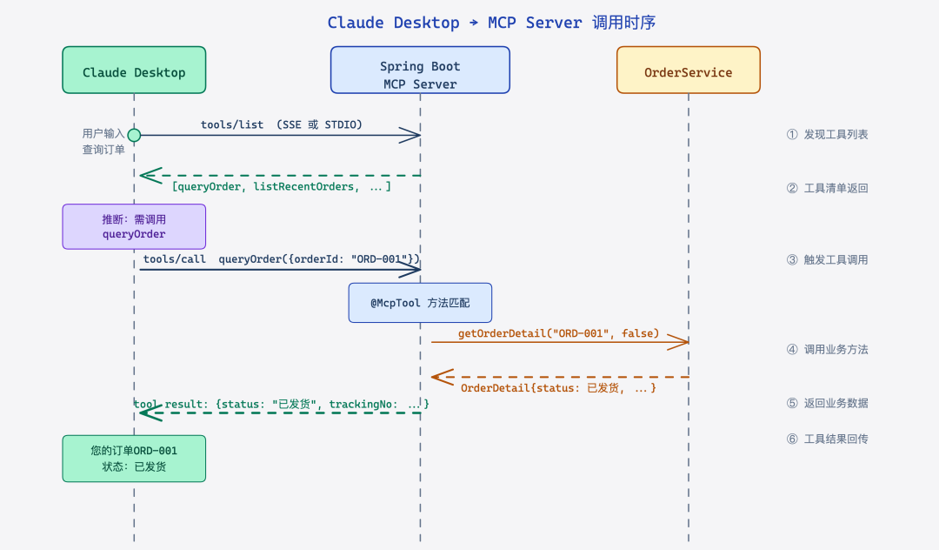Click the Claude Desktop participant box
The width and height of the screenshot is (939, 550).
pyautogui.click(x=134, y=70)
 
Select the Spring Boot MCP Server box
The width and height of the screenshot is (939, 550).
pyautogui.click(x=420, y=70)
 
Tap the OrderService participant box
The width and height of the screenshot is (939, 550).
pyautogui.click(x=688, y=70)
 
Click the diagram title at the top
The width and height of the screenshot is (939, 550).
pyautogui.click(x=491, y=23)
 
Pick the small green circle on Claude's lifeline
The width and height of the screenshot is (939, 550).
pyautogui.click(x=134, y=135)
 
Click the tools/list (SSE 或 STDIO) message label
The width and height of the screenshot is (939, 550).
pyautogui.click(x=282, y=124)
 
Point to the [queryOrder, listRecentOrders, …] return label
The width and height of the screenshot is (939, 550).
pyautogui.click(x=282, y=187)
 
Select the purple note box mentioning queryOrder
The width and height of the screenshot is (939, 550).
pyautogui.click(x=134, y=226)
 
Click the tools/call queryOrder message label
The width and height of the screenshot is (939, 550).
pyautogui.click(x=282, y=259)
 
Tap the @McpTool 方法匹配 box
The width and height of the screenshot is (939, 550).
pyautogui.click(x=420, y=303)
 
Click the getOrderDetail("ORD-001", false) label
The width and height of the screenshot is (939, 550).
pyautogui.click(x=559, y=333)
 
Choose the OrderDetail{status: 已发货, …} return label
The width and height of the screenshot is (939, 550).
pyautogui.click(x=558, y=387)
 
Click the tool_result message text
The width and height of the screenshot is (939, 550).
pyautogui.click(x=282, y=404)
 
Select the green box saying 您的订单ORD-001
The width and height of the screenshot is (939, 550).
pyautogui.click(x=134, y=459)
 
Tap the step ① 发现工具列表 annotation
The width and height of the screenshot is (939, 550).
pyautogui.click(x=827, y=135)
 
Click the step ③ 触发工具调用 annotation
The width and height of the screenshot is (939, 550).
pyautogui.click(x=827, y=259)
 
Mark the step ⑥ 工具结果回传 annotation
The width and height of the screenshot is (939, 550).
pyautogui.click(x=827, y=439)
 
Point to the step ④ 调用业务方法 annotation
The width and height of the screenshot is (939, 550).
pyautogui.click(x=827, y=349)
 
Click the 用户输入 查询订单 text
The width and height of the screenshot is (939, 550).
pyautogui.click(x=103, y=142)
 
